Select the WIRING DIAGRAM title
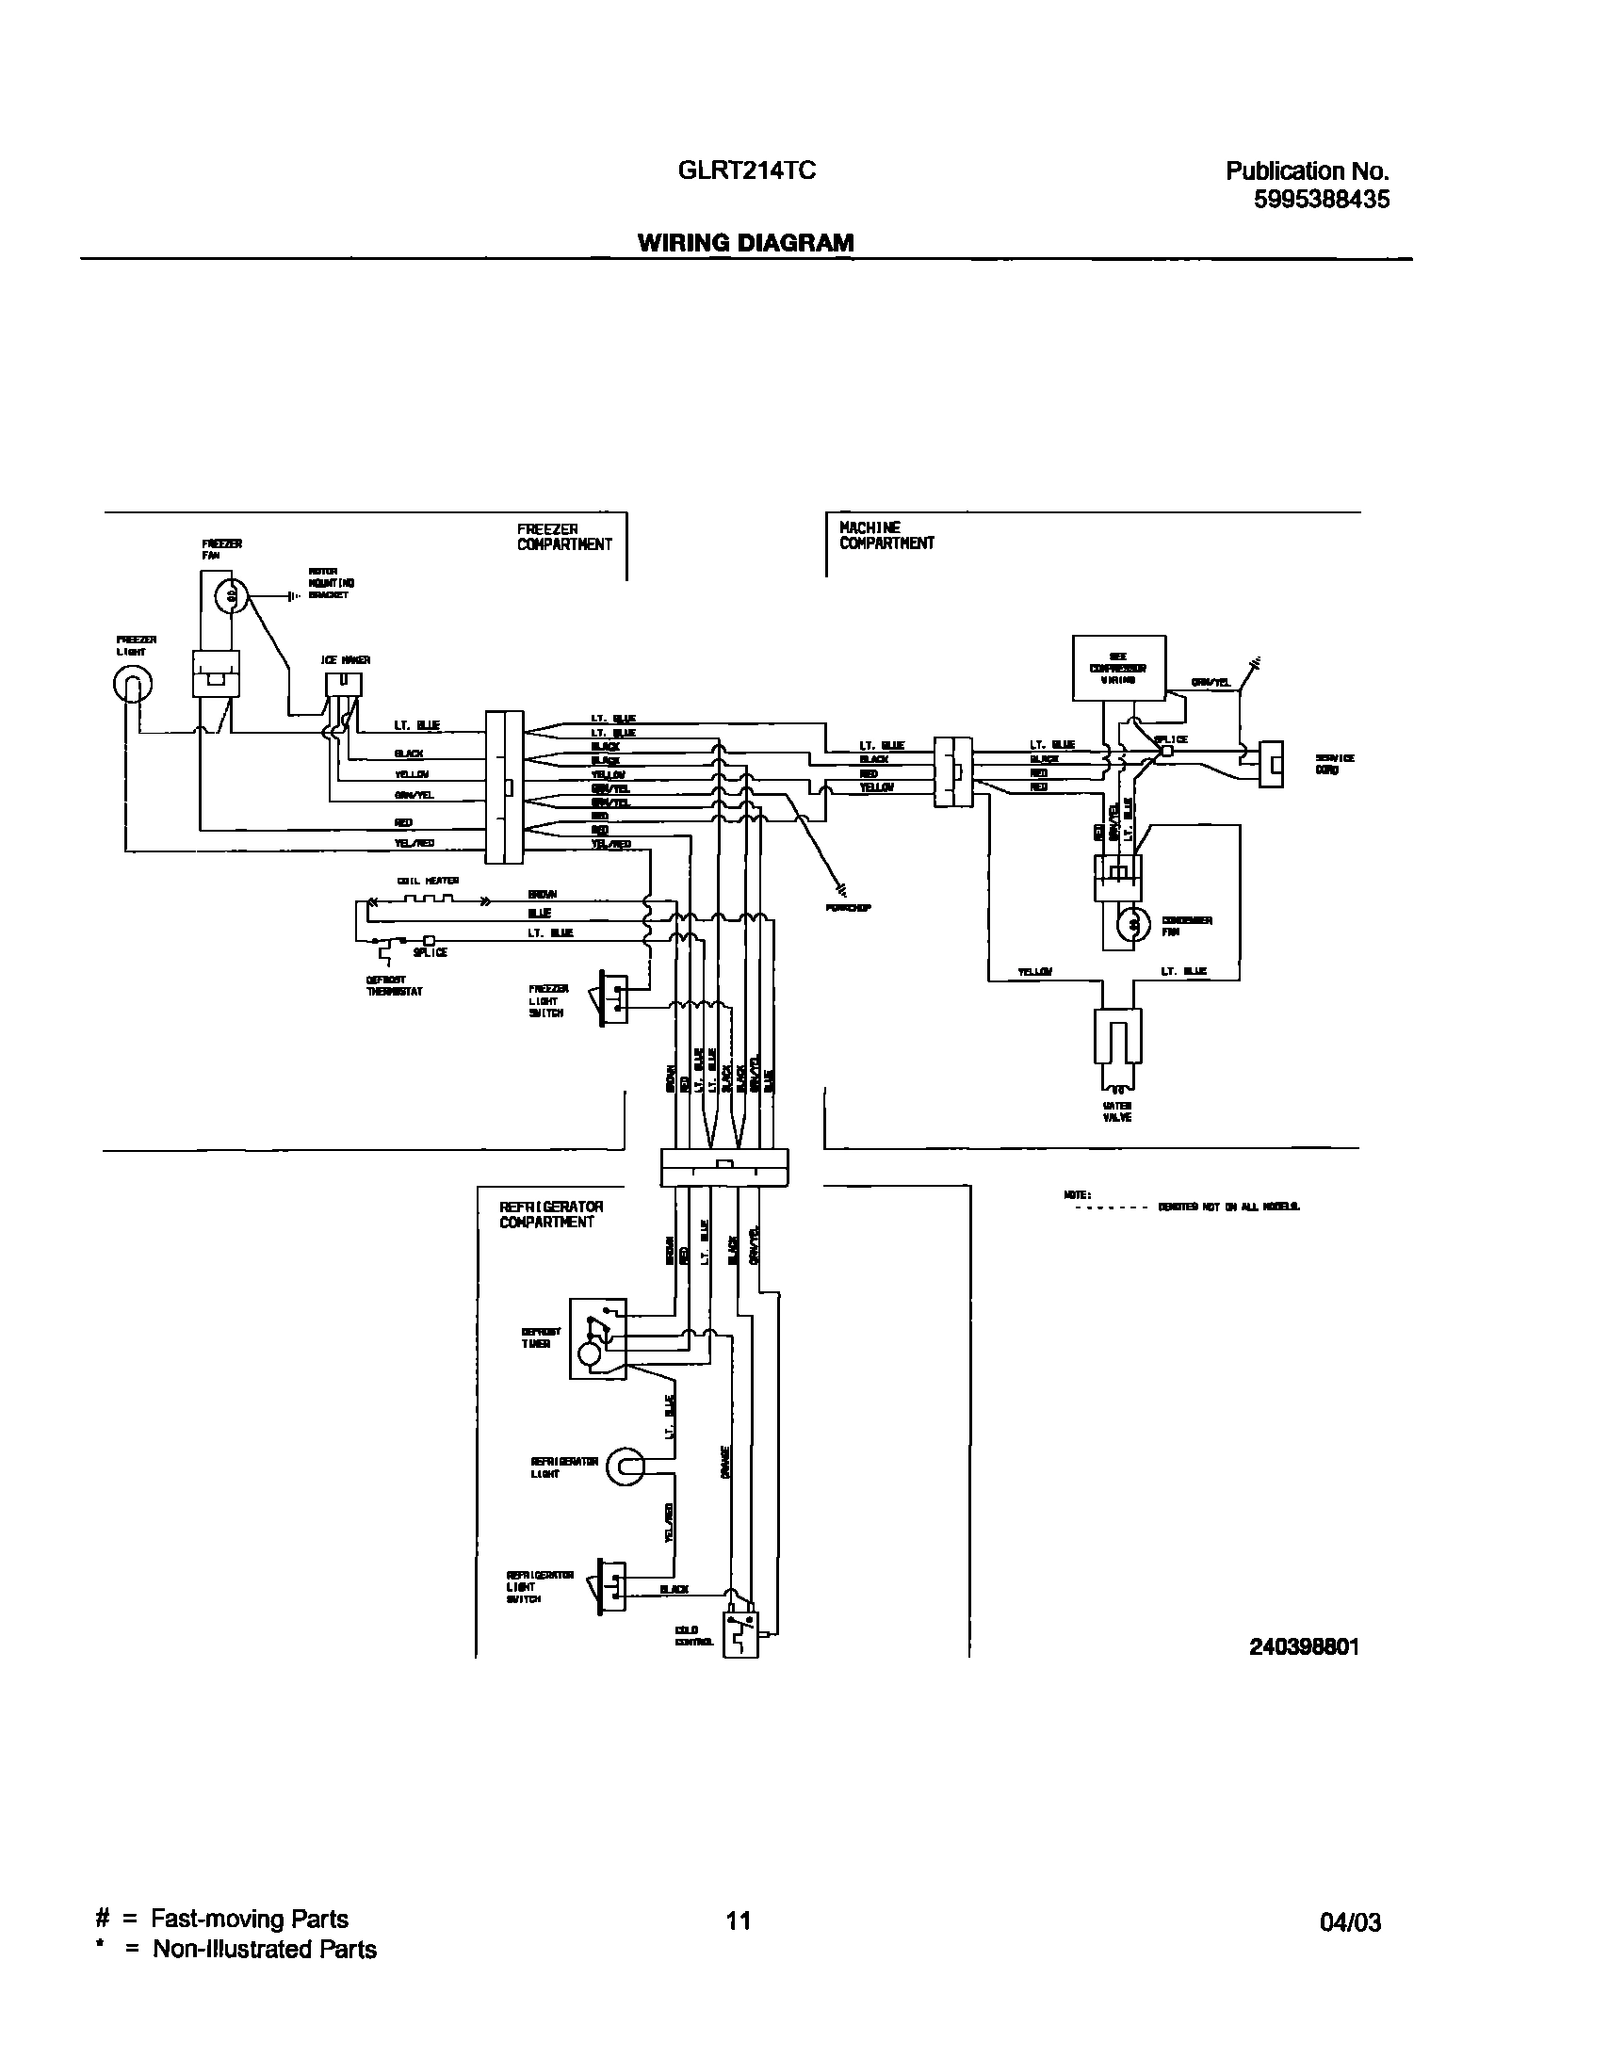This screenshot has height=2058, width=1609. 745,243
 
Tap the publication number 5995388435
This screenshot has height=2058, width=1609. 1321,200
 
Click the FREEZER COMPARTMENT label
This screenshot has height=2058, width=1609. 563,537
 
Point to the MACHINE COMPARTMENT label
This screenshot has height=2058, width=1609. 886,535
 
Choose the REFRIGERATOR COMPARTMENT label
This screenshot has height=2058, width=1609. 551,1214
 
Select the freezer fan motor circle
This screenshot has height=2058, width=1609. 230,595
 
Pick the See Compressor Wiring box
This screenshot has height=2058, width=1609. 1119,668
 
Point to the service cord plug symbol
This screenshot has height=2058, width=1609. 1271,763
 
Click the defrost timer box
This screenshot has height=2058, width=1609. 597,1339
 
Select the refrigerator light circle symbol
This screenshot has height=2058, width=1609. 624,1467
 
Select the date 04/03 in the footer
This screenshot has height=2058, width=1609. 1350,1922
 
